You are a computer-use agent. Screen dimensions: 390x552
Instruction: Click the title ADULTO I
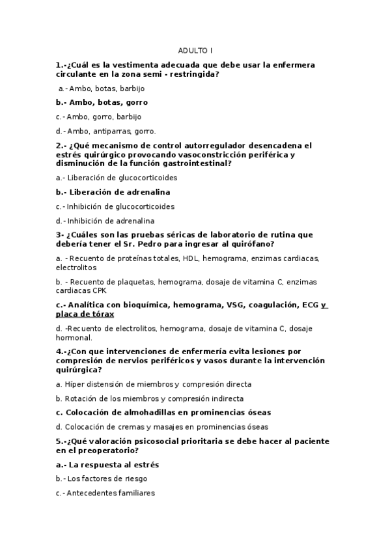click(x=195, y=50)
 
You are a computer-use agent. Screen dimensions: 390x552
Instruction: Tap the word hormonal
click(x=74, y=337)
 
